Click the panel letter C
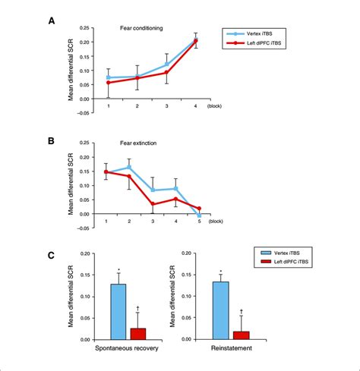click(52, 256)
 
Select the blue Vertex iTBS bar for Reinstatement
click(220, 310)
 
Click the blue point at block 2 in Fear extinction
click(129, 167)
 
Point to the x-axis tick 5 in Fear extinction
click(198, 221)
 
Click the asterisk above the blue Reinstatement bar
click(220, 272)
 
